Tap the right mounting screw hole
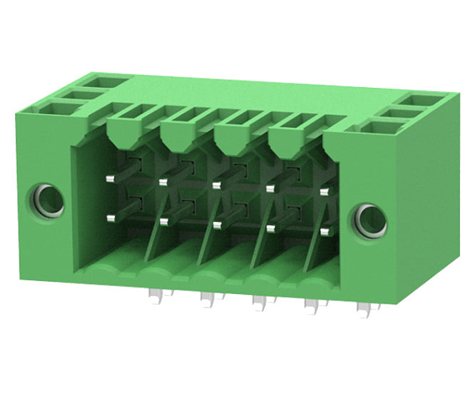371,220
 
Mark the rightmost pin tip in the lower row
325,232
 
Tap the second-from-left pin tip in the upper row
163,182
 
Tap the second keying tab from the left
179,130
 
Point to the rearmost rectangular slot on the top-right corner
424,100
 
